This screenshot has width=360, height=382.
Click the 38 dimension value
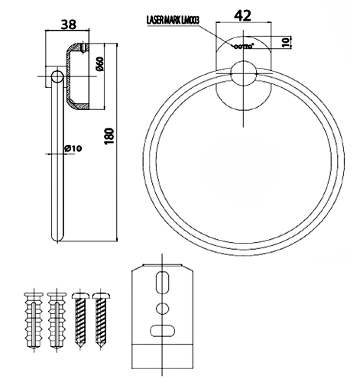(x=69, y=24)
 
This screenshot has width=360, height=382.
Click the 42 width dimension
(x=242, y=15)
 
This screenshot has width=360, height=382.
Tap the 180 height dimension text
(x=109, y=136)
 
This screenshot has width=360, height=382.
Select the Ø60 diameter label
(x=100, y=64)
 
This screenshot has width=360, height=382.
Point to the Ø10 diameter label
(x=73, y=148)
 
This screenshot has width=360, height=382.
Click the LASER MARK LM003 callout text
(x=173, y=21)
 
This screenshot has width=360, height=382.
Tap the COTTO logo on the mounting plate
(x=243, y=47)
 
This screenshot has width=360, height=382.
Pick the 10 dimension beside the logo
(x=286, y=42)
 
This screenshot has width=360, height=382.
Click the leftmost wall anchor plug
(x=34, y=320)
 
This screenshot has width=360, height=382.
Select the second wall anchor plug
(x=57, y=320)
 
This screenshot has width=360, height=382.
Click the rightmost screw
(x=101, y=319)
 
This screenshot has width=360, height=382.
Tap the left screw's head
(x=80, y=296)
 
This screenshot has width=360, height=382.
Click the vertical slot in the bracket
(x=162, y=282)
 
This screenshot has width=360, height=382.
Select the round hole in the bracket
(x=162, y=309)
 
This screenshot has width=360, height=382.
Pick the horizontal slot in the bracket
(x=162, y=331)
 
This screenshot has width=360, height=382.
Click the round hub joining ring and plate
(x=243, y=73)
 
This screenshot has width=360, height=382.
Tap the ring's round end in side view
(x=57, y=76)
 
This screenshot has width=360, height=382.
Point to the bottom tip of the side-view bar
(x=57, y=241)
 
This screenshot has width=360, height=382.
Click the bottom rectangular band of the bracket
(x=162, y=357)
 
